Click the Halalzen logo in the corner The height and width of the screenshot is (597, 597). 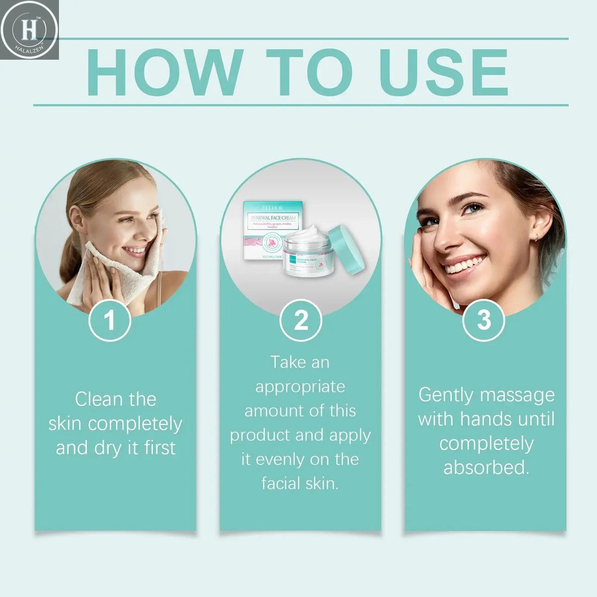point(29,29)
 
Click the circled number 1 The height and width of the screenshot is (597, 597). point(110,320)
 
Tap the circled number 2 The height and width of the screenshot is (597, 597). point(301,320)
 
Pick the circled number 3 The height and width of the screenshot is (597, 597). point(484,320)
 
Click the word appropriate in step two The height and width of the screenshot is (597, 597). point(300,386)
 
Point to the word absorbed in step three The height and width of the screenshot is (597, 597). point(486,467)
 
